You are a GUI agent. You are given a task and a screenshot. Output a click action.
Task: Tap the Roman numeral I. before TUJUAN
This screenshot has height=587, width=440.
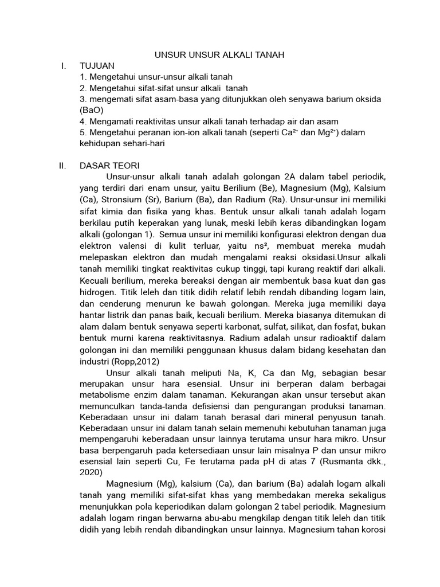click(64, 66)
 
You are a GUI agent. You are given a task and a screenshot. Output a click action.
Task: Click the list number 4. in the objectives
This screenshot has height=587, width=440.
click(83, 122)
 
